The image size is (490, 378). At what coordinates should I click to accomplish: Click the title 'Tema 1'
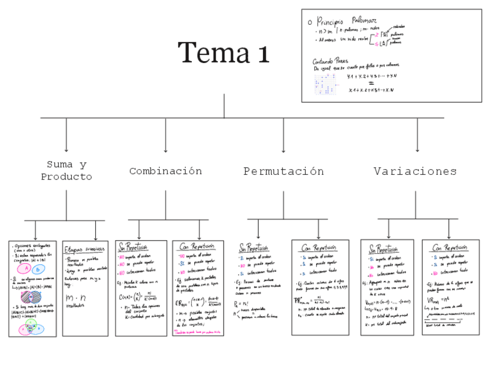point(224,53)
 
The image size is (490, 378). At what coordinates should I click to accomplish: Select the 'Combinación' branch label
point(166,171)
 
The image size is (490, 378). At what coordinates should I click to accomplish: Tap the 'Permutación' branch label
point(283,171)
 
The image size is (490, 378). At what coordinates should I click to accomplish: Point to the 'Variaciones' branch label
point(415,171)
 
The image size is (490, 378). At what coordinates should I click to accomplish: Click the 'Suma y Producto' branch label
point(66,171)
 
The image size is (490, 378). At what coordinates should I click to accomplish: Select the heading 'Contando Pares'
point(330,61)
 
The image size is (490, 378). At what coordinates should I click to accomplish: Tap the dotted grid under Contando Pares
point(326,84)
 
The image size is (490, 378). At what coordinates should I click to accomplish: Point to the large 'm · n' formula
point(75,298)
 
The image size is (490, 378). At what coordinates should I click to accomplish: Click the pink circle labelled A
point(26,269)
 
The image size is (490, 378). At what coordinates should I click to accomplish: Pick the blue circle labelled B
point(38,270)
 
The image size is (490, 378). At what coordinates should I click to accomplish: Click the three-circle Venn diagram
point(31,328)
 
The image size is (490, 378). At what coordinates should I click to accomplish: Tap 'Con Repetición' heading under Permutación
point(320,248)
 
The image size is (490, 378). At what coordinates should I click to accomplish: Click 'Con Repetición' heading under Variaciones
point(450,248)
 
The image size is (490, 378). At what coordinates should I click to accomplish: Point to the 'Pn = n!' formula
point(244,304)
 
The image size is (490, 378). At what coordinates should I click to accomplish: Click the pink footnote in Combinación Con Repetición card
point(198,333)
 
